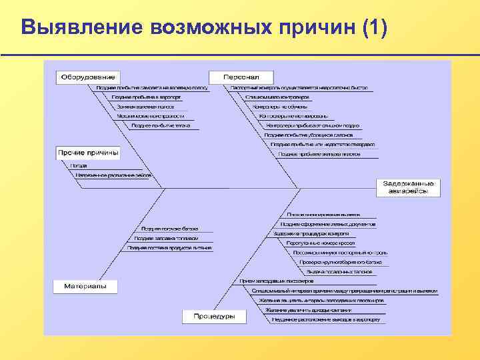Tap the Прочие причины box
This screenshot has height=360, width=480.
tap(88, 153)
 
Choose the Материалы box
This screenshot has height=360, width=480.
tap(85, 286)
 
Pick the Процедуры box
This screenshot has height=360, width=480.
tap(214, 316)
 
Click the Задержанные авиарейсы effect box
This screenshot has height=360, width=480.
tap(411, 187)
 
